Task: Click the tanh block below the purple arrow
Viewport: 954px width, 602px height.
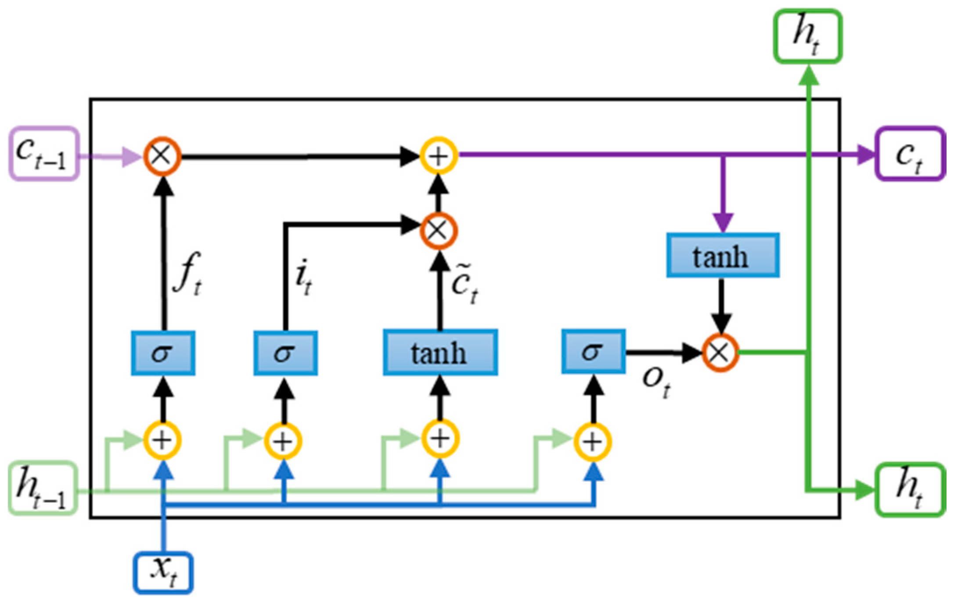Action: (x=723, y=256)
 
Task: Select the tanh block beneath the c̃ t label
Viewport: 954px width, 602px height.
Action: (x=440, y=352)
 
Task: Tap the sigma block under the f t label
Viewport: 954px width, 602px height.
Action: (x=163, y=353)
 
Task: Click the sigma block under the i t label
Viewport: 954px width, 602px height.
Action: (x=285, y=353)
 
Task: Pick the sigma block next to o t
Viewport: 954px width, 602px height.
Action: (x=594, y=351)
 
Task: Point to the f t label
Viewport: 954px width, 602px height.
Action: (x=188, y=273)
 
